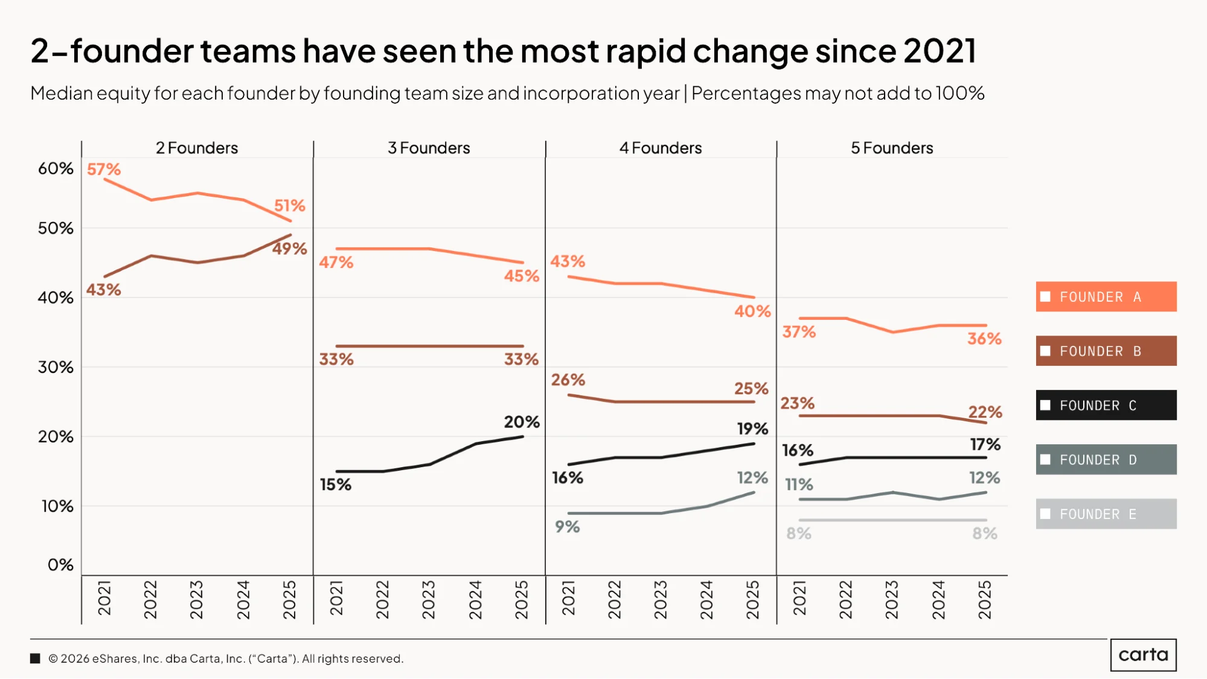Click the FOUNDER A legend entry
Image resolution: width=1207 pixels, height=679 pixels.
click(1106, 296)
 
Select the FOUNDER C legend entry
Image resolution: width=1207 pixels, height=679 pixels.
click(1106, 405)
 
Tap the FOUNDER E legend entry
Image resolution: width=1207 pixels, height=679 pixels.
click(1106, 514)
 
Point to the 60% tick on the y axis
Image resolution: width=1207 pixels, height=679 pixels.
click(56, 168)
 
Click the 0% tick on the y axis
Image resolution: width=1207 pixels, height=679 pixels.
click(60, 565)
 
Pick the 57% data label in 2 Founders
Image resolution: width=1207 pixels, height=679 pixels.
click(104, 169)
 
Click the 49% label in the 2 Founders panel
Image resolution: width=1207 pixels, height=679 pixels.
click(290, 249)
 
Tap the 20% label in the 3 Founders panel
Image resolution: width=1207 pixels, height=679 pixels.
click(522, 422)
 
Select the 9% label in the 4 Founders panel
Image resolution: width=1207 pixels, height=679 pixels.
click(568, 527)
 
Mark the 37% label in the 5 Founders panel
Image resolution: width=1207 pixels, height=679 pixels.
click(799, 332)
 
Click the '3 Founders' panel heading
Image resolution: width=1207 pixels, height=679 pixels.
click(429, 148)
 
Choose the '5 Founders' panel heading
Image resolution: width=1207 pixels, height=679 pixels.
click(892, 148)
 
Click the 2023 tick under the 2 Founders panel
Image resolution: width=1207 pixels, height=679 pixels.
click(197, 600)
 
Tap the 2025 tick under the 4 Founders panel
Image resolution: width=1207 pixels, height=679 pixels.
click(753, 600)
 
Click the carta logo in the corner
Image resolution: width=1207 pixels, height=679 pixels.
click(1144, 655)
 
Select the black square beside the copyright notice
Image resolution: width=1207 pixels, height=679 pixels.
click(35, 658)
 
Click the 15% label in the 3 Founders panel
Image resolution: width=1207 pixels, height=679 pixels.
click(336, 485)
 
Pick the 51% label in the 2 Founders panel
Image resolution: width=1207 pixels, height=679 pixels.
click(290, 206)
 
